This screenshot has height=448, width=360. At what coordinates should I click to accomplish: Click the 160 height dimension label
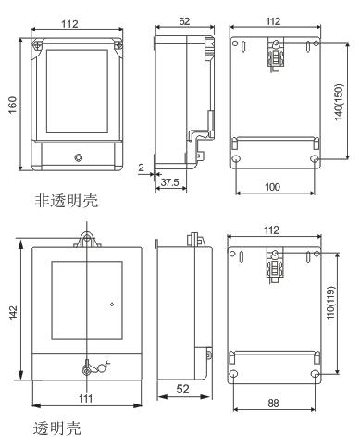pos(12,105)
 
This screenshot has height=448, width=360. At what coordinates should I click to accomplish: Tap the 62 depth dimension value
pos(184,21)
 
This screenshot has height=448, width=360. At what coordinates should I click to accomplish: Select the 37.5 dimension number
pos(170,182)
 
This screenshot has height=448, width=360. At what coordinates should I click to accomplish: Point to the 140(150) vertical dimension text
pos(339,102)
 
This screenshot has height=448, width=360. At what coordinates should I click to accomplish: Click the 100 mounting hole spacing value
pos(273,187)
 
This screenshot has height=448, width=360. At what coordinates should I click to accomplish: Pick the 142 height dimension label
pos(13,313)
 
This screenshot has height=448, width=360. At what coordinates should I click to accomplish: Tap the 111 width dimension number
pos(86,398)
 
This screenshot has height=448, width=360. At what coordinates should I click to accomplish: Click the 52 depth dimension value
pos(182,389)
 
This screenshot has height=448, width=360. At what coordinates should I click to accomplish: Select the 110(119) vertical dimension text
pos(330,303)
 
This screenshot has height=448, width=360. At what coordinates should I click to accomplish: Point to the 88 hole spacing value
pos(273,403)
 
